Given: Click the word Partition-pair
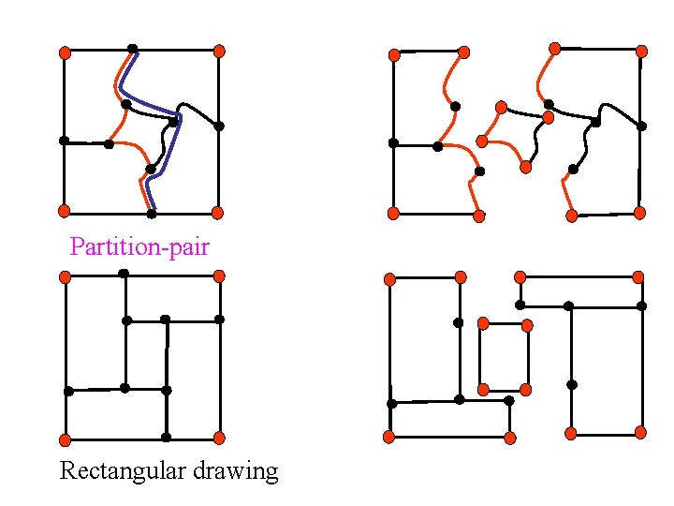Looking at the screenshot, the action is [x=139, y=247].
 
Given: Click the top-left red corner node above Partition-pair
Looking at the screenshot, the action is [x=65, y=52].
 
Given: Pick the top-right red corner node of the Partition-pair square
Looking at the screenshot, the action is [x=218, y=51].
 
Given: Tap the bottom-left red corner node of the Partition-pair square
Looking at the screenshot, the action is [x=65, y=211].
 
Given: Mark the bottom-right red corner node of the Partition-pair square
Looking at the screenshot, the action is [x=217, y=212].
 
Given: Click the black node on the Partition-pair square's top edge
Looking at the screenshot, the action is [x=133, y=49].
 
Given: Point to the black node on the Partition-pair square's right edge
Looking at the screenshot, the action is [x=219, y=126].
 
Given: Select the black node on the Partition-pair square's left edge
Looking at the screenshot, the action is [x=64, y=141].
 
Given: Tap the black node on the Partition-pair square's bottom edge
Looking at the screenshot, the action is [x=152, y=213].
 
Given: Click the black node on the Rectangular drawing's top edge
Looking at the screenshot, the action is [x=124, y=273].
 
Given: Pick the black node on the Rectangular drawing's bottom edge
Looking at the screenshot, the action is [x=166, y=437].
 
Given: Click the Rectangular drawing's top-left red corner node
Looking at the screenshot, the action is [x=65, y=276].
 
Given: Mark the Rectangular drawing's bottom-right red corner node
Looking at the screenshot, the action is [x=219, y=438].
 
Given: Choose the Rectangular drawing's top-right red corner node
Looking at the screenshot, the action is [x=219, y=275].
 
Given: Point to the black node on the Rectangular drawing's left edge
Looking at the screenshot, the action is [x=68, y=391].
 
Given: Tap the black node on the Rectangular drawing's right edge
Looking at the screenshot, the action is [x=219, y=320].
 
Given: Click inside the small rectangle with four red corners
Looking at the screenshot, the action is [x=504, y=356].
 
